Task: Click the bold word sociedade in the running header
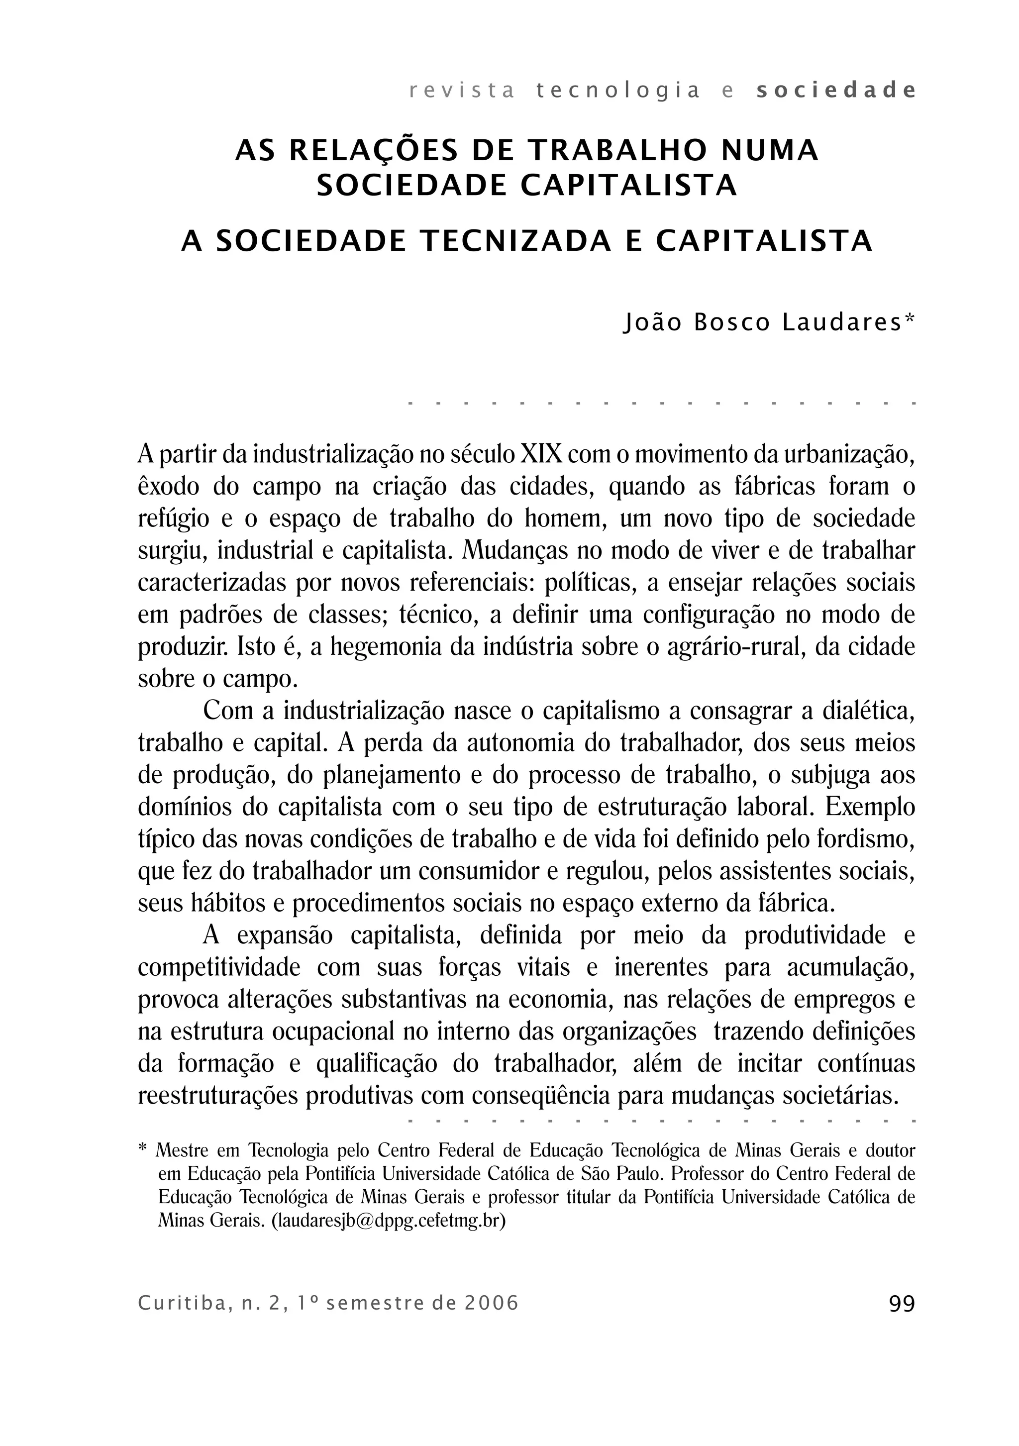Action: (x=836, y=92)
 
